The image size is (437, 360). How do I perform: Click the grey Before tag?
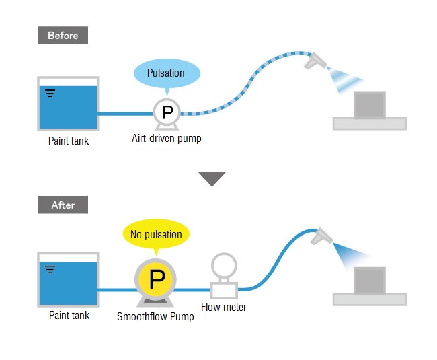click(x=63, y=36)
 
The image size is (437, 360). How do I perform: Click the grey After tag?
click(x=63, y=205)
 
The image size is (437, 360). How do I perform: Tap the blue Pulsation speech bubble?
click(x=167, y=73)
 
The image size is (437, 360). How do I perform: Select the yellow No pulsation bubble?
click(x=156, y=234)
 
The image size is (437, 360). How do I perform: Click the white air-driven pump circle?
click(x=167, y=112)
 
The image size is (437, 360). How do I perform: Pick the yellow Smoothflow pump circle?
click(x=155, y=279)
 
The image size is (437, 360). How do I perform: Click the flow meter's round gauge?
click(x=224, y=266)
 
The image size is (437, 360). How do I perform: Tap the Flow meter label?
click(x=224, y=307)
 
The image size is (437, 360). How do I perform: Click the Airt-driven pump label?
click(x=167, y=139)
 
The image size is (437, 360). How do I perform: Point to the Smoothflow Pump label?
click(x=155, y=316)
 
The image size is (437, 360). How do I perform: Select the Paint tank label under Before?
click(x=69, y=141)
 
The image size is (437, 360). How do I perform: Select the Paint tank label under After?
click(x=69, y=315)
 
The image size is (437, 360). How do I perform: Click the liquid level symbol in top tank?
click(x=50, y=94)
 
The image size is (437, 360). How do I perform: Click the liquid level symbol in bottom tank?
click(x=50, y=269)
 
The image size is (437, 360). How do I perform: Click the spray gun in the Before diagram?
click(x=315, y=61)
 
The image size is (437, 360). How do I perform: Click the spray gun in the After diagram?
click(x=321, y=236)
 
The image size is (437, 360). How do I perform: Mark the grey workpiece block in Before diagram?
click(x=370, y=105)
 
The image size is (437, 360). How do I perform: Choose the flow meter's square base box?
click(x=224, y=290)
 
